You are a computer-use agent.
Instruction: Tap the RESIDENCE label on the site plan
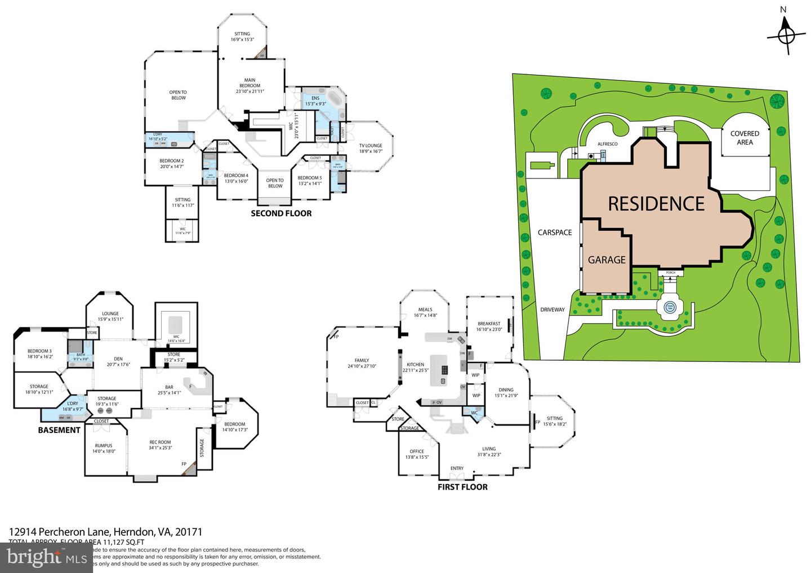coord(656,204)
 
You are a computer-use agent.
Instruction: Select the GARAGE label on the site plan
coord(607,260)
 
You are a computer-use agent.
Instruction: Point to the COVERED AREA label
coord(745,138)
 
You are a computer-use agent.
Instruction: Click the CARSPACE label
coord(554,232)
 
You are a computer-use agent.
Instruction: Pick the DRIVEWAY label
coord(552,310)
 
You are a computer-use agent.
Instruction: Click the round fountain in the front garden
coord(670,307)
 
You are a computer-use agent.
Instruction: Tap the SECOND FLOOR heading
coord(281,213)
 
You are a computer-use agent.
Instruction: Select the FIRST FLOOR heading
coord(462,487)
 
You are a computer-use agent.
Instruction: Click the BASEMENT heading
coord(59,430)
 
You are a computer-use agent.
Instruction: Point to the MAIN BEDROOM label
coord(249,83)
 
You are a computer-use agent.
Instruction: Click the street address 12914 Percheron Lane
coord(105,531)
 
